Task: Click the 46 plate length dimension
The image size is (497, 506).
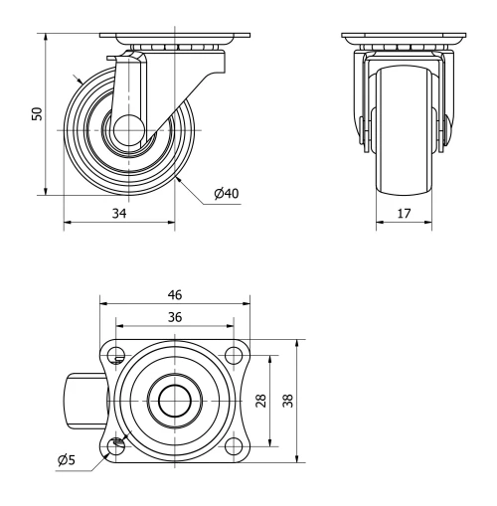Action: [175, 295]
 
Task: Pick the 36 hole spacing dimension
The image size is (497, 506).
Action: [175, 318]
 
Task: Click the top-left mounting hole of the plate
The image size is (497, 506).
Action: [117, 356]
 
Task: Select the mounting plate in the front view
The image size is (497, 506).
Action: [404, 39]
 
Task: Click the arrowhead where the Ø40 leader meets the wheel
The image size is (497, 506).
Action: [176, 180]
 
